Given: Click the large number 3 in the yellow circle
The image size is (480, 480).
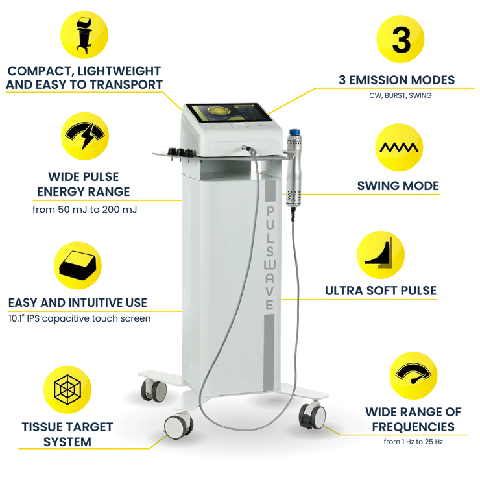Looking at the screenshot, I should pyautogui.click(x=401, y=40).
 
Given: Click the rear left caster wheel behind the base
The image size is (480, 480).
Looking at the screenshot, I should pyautogui.click(x=153, y=389).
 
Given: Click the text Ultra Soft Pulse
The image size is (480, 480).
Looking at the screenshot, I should pyautogui.click(x=380, y=290).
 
